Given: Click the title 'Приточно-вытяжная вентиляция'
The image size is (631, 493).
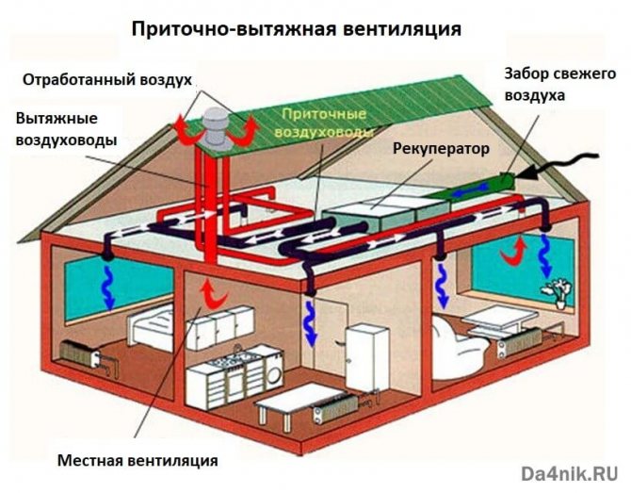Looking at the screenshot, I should (296, 28).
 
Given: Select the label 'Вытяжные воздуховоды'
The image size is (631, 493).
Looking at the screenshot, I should (66, 129).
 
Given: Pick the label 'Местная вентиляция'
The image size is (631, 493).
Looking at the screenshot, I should (138, 461).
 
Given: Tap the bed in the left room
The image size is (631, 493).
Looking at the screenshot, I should (151, 330).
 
